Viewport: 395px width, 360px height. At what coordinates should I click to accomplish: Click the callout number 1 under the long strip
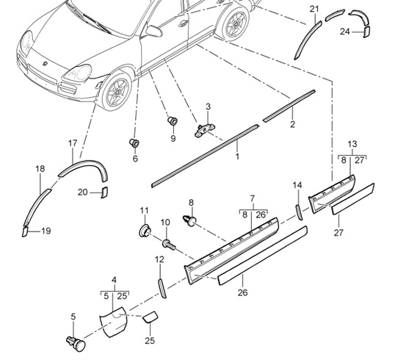(237, 156)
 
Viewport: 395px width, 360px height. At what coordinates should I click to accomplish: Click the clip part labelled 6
(134, 142)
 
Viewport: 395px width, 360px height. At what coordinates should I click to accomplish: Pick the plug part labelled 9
(173, 120)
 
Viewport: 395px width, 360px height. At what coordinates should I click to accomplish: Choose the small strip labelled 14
(299, 211)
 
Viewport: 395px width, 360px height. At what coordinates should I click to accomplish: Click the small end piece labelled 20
(104, 192)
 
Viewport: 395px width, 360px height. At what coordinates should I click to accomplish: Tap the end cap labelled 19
(24, 231)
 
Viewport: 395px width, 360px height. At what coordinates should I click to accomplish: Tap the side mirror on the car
(155, 32)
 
